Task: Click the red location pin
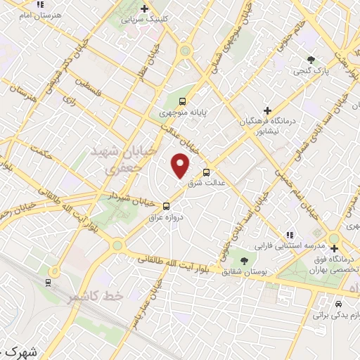(181, 165)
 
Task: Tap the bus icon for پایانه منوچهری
(183, 101)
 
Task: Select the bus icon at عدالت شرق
(206, 172)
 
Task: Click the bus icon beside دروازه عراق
(167, 206)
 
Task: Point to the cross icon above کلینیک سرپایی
(144, 8)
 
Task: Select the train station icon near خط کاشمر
(48, 283)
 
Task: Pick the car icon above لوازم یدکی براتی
(339, 304)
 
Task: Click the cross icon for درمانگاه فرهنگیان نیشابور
(266, 110)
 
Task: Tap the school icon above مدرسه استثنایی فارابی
(288, 235)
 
